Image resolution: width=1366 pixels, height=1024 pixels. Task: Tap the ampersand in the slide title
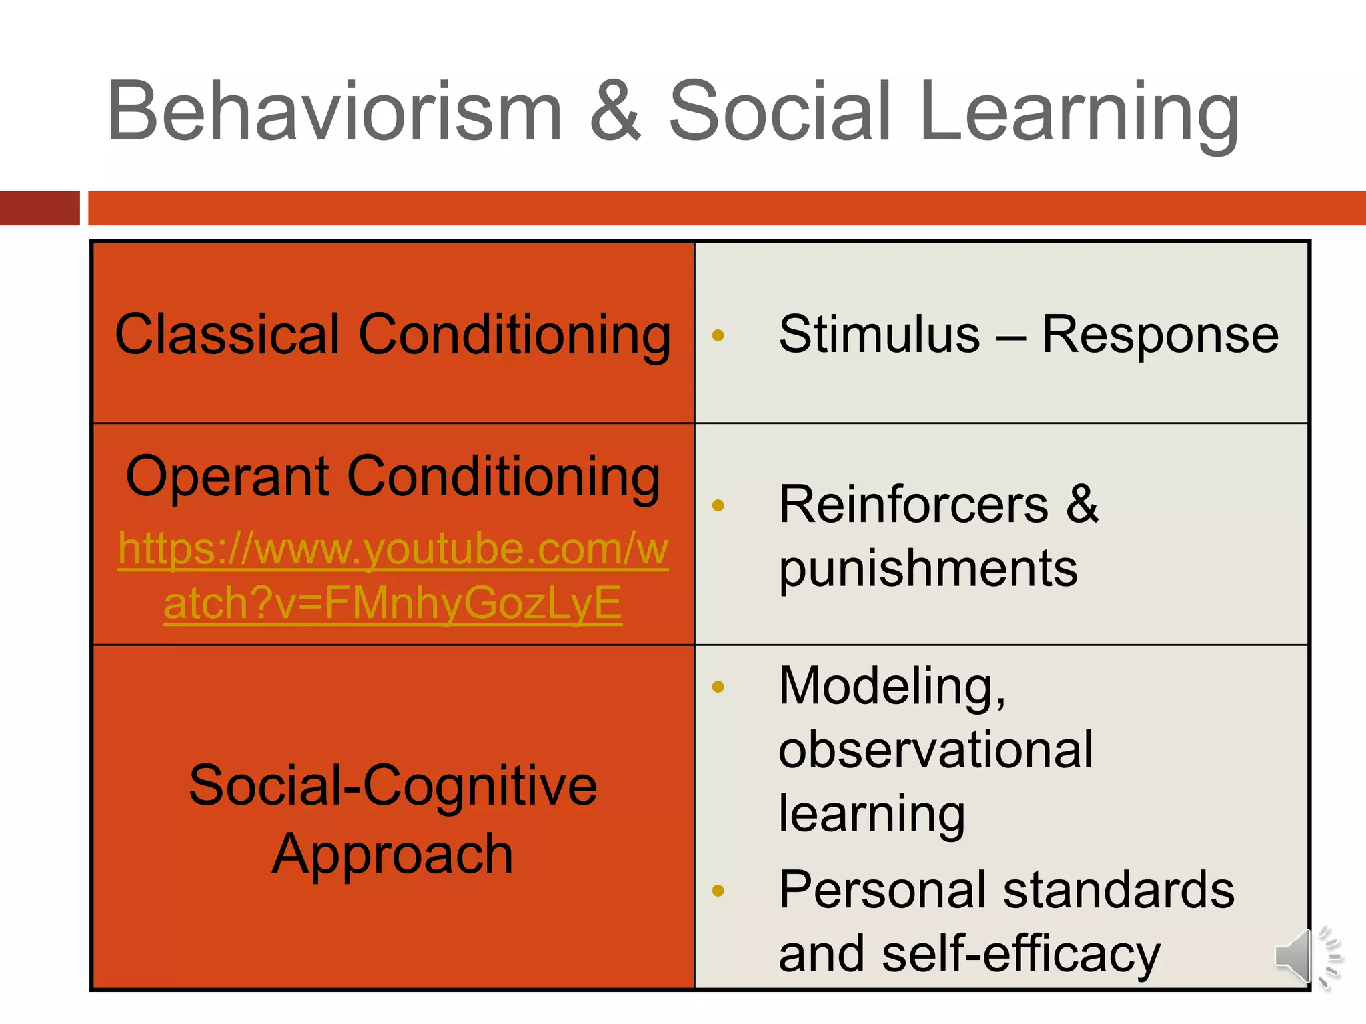615,112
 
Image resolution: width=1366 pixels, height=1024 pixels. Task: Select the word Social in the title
780,112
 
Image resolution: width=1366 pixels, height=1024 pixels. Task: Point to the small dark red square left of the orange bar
39,208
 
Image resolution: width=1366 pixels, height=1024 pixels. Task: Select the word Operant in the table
227,476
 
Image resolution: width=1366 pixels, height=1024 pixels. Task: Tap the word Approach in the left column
393,855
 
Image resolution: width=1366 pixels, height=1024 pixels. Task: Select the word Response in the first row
1160,335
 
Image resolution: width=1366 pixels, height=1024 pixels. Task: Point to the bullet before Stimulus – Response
718,335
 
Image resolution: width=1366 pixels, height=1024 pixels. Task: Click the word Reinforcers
913,505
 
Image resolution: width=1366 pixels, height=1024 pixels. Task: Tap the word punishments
928,569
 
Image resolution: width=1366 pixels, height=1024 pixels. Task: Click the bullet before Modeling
718,687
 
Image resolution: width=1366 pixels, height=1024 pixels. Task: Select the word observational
935,749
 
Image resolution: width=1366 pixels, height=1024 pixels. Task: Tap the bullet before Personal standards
718,891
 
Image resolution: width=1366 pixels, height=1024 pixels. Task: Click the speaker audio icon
1306,957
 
